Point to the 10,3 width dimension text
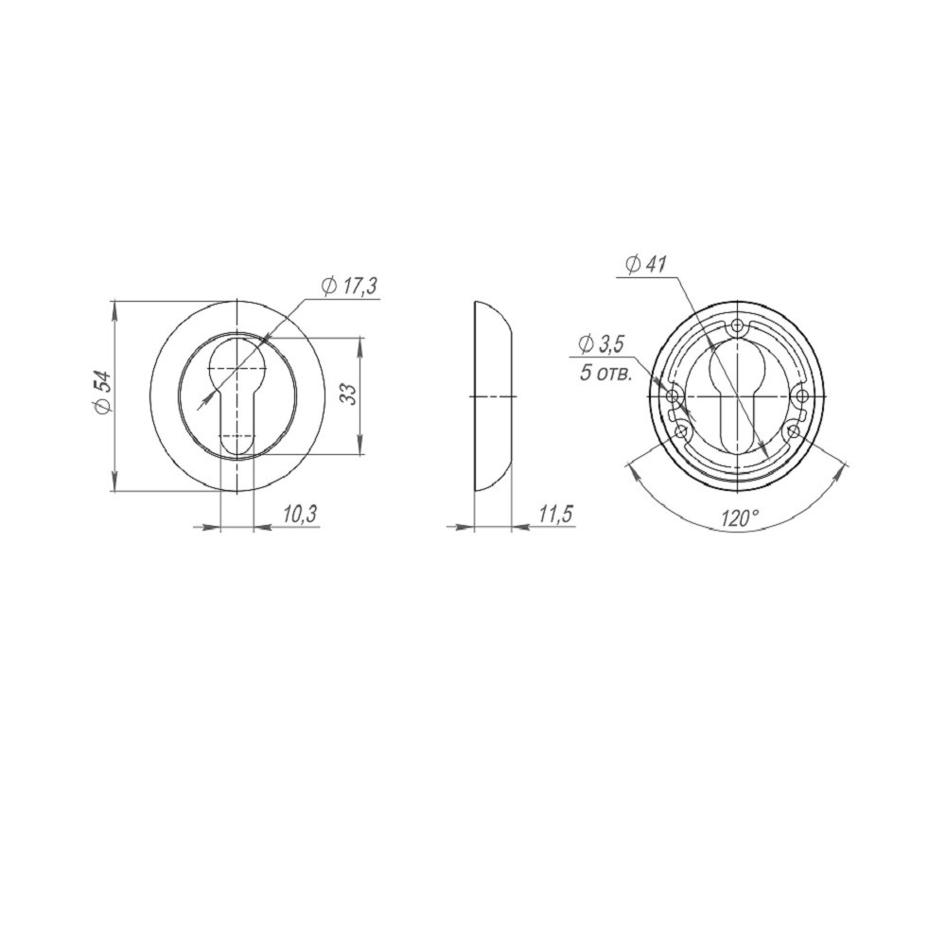299,514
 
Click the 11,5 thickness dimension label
555,514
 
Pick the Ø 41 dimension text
646,265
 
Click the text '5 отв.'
607,372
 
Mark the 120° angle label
740,518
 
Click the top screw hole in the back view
737,327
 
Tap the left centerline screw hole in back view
674,395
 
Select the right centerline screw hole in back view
800,395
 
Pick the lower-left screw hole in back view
681,431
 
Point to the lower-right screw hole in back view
793,431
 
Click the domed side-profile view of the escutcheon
491,395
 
